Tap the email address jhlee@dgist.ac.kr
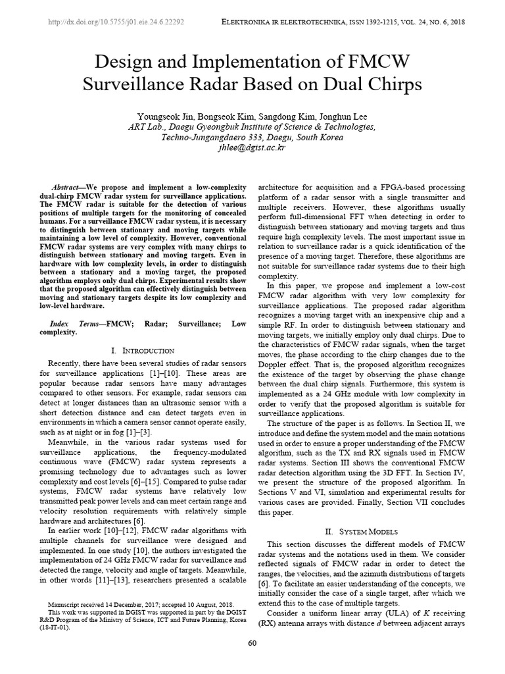(252, 148)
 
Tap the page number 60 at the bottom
(252, 643)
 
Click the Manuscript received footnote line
(142, 604)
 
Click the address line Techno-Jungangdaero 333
(252, 138)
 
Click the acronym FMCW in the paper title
(373, 63)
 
